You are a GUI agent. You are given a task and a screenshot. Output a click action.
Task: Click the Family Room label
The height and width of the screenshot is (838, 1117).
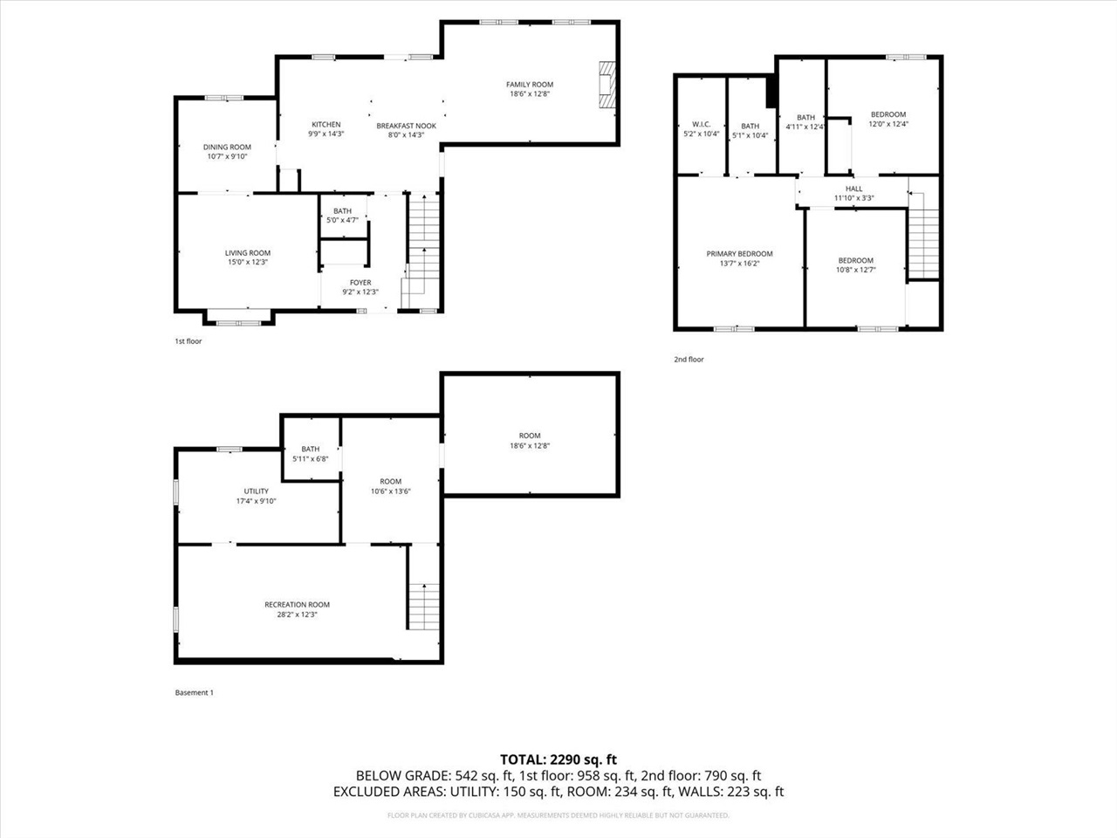pyautogui.click(x=530, y=85)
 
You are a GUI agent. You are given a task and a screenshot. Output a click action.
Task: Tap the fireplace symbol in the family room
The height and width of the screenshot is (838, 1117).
pyautogui.click(x=606, y=85)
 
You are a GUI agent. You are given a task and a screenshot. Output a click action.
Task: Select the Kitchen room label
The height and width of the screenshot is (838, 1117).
pyautogui.click(x=326, y=125)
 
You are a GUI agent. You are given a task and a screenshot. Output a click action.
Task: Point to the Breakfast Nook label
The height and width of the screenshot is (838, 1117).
pyautogui.click(x=406, y=126)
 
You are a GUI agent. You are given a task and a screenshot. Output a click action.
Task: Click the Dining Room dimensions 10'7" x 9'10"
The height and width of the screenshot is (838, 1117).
pyautogui.click(x=228, y=157)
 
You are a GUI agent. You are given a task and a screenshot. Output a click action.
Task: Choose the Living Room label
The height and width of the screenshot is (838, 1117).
pyautogui.click(x=248, y=253)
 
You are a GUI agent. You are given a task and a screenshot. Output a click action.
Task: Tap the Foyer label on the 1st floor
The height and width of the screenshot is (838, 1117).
pyautogui.click(x=360, y=283)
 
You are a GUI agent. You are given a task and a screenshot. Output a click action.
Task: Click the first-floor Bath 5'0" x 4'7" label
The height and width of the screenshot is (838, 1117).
pyautogui.click(x=342, y=215)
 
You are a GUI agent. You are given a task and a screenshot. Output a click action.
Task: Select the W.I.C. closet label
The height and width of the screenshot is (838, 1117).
pyautogui.click(x=701, y=126)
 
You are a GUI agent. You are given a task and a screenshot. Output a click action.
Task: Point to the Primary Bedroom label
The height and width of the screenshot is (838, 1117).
pyautogui.click(x=739, y=254)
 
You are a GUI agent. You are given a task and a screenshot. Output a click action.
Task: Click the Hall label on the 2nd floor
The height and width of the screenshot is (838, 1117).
pyautogui.click(x=853, y=189)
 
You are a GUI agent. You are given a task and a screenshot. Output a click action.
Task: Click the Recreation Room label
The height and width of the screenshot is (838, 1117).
pyautogui.click(x=297, y=605)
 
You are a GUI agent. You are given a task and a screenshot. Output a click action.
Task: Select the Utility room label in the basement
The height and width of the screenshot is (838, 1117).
pyautogui.click(x=256, y=491)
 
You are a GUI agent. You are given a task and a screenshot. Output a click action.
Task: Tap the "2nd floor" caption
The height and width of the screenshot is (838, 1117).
pyautogui.click(x=689, y=360)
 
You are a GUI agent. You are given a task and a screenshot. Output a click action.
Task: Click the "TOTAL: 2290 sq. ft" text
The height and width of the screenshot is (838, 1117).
pyautogui.click(x=558, y=759)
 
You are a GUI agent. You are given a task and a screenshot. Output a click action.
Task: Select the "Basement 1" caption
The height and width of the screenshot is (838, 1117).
pyautogui.click(x=194, y=693)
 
